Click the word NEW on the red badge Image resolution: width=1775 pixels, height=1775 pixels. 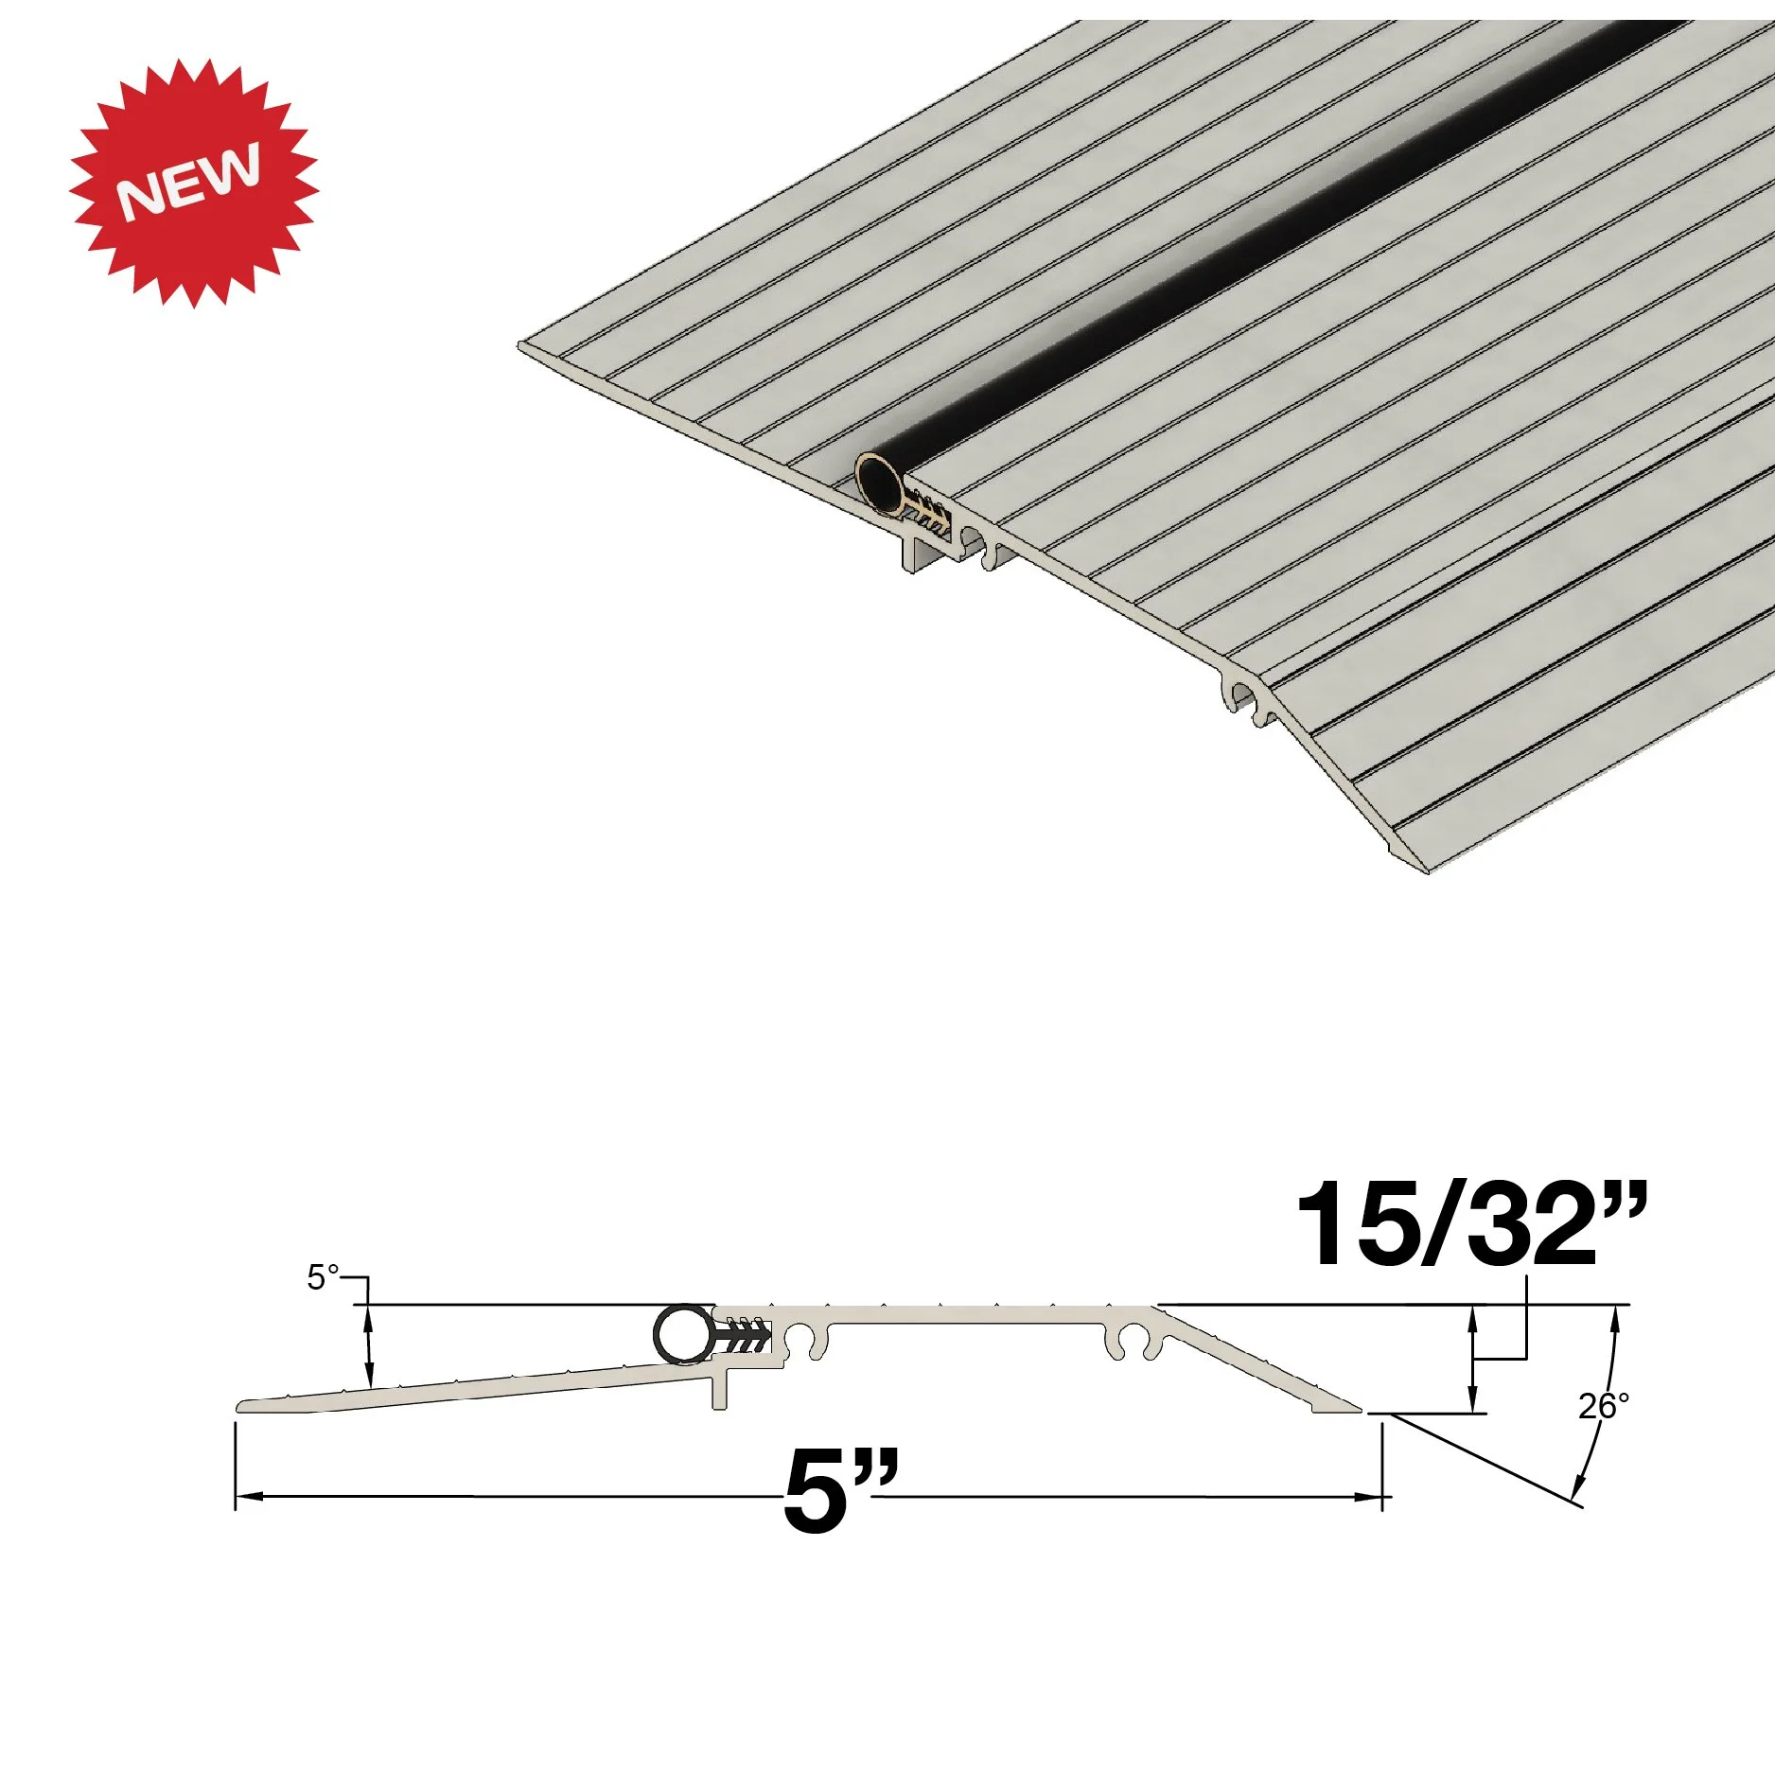point(189,182)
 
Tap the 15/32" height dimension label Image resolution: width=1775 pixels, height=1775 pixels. point(1470,1226)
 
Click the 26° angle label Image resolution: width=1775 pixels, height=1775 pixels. point(1603,1407)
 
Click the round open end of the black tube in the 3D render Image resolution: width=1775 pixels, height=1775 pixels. point(877,483)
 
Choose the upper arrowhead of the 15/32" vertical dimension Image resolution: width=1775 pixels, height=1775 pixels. point(1472,1316)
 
